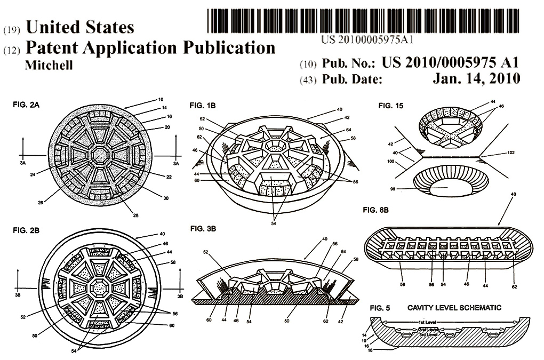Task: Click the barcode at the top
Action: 363,21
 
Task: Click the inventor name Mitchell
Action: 49,65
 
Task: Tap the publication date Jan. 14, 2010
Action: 476,78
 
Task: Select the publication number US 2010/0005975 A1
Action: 450,62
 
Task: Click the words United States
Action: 80,27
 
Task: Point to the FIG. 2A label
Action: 26,105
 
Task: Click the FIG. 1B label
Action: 203,106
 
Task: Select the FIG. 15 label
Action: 390,106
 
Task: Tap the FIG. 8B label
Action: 376,210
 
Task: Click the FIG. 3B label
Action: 203,229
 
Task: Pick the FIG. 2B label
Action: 26,230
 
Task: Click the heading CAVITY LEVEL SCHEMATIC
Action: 454,308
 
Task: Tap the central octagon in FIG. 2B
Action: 100,287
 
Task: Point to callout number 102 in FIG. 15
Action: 511,152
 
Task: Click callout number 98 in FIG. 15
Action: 393,189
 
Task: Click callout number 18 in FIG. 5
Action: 370,350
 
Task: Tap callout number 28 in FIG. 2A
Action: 135,215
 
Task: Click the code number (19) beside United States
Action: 11,30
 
